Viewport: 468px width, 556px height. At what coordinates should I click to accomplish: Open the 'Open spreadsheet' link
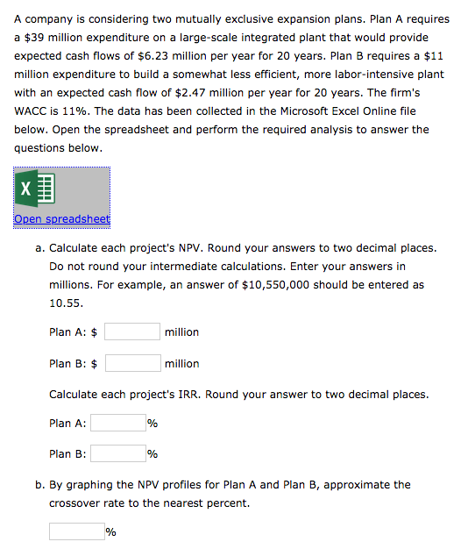(61, 218)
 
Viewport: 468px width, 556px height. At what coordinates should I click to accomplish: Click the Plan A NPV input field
(132, 331)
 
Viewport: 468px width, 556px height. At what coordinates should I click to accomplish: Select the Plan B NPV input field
(132, 363)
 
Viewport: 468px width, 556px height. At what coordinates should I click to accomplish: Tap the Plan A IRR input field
(118, 423)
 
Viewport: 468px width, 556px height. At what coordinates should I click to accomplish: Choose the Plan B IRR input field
(118, 454)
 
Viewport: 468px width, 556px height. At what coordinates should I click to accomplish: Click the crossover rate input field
(76, 531)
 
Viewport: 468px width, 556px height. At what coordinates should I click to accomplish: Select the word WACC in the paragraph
(32, 111)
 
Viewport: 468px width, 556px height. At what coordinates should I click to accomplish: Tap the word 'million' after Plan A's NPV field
(181, 331)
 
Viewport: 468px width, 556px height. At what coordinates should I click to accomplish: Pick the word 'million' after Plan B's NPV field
(181, 363)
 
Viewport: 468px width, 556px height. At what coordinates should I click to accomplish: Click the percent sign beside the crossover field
(111, 531)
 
